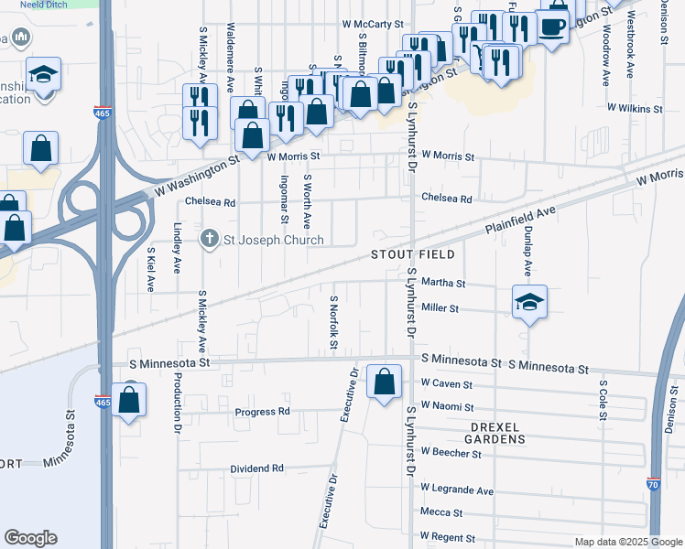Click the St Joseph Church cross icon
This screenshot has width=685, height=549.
(x=209, y=240)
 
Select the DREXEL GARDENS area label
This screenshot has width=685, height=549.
(x=485, y=433)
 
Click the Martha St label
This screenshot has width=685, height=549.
(x=443, y=284)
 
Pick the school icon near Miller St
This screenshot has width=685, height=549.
(x=528, y=302)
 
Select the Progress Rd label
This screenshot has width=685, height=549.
(x=262, y=412)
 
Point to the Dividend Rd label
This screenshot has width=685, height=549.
(x=256, y=468)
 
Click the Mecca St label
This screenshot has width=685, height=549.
(x=441, y=512)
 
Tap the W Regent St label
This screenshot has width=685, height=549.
(x=446, y=535)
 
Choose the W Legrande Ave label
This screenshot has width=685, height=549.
(x=456, y=490)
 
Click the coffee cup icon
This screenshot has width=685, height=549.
(x=553, y=26)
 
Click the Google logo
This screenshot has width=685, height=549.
(x=30, y=538)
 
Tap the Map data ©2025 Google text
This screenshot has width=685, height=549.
(x=627, y=542)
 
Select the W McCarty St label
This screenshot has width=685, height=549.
(x=373, y=24)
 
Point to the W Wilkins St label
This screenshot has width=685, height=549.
(x=635, y=108)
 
